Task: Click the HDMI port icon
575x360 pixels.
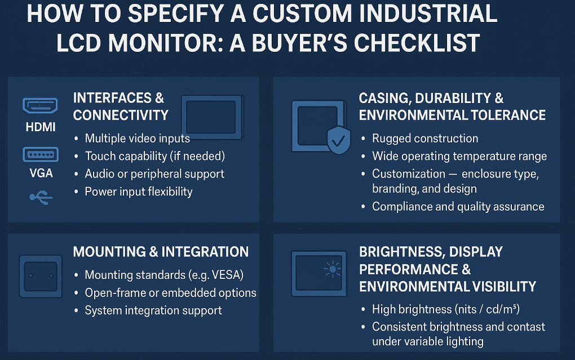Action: [40, 105]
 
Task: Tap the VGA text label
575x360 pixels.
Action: [41, 174]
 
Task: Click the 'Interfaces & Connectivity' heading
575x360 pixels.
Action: [121, 106]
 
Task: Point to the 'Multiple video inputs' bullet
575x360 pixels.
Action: [137, 138]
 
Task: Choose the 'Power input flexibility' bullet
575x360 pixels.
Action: [138, 192]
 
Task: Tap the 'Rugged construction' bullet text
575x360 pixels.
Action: [424, 139]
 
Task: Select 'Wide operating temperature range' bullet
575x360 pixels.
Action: [459, 156]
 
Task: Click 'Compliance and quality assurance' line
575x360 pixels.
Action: [458, 206]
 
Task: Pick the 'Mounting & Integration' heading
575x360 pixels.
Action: [161, 252]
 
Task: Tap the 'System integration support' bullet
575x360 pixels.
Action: [153, 310]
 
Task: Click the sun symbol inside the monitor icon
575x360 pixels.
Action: [332, 270]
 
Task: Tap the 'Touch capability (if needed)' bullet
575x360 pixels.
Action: [154, 156]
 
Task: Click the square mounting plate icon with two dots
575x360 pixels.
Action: [41, 275]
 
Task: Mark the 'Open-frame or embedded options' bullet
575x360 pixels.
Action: [170, 293]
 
